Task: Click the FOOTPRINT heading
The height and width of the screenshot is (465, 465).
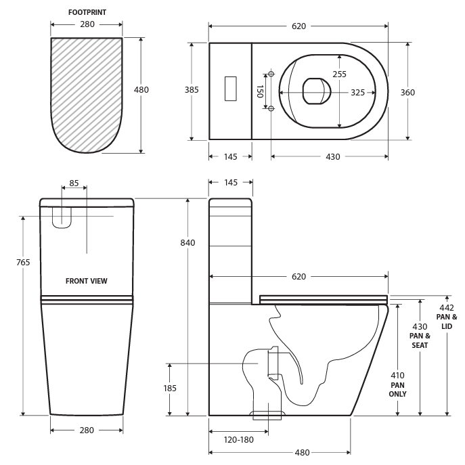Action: click(x=87, y=12)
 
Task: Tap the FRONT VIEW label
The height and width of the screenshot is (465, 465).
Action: click(x=86, y=281)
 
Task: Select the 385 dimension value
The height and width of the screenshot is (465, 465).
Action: click(x=193, y=90)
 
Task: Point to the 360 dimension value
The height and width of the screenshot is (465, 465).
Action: click(x=407, y=93)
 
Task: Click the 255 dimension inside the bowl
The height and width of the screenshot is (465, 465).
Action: click(x=339, y=74)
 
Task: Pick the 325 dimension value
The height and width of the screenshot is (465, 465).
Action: click(x=358, y=93)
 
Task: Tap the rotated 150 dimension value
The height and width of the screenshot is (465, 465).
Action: click(x=259, y=91)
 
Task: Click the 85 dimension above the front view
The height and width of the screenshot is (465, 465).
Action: click(x=74, y=183)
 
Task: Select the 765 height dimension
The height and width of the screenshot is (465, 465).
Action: click(x=23, y=262)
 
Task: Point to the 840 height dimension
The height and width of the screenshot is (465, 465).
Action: click(x=187, y=242)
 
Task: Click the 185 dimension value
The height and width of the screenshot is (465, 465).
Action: click(x=170, y=388)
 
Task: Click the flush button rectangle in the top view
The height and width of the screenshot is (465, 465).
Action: click(x=231, y=89)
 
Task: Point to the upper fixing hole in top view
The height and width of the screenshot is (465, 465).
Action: click(x=270, y=74)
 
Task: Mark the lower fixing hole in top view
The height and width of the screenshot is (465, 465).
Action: click(x=270, y=108)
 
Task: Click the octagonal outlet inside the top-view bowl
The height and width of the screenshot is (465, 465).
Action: click(x=316, y=91)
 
